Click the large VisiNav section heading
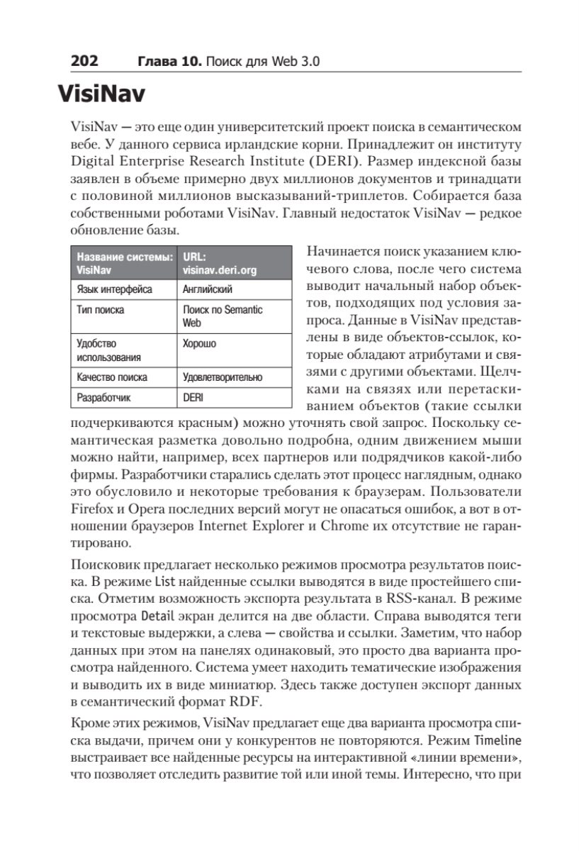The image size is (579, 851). click(111, 94)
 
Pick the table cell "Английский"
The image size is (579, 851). click(208, 289)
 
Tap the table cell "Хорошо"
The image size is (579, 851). click(200, 343)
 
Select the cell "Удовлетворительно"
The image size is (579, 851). click(223, 377)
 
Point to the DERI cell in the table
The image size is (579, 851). click(193, 398)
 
